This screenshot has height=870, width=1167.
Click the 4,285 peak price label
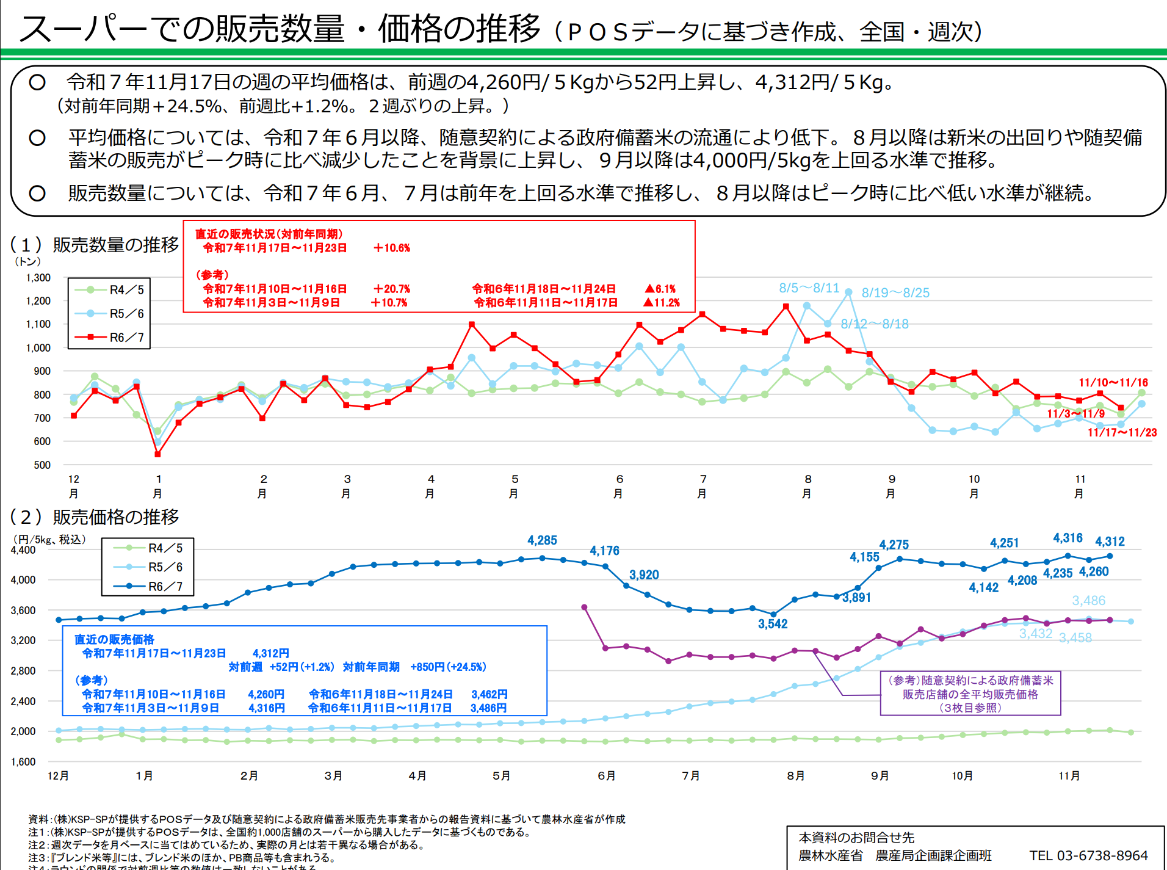[x=542, y=540]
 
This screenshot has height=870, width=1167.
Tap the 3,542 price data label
[x=773, y=624]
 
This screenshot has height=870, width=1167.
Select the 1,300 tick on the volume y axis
[x=38, y=278]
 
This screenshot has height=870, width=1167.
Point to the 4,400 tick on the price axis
[x=23, y=550]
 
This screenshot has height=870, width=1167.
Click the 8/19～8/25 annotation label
[x=895, y=293]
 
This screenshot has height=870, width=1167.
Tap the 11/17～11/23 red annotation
[x=1122, y=433]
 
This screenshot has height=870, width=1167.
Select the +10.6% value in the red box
[x=392, y=248]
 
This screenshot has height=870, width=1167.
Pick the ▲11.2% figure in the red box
[x=661, y=303]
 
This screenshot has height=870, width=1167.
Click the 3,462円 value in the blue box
[x=489, y=695]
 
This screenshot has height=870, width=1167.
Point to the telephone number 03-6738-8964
[x=1088, y=856]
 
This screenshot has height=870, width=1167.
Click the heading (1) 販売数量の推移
[x=95, y=245]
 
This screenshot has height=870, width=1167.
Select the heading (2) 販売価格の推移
[x=95, y=517]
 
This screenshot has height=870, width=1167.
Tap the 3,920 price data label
[x=644, y=575]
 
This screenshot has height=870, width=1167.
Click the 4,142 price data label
[x=983, y=588]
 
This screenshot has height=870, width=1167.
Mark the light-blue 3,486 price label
[x=1088, y=601]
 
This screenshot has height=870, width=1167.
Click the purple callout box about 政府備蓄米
[x=970, y=694]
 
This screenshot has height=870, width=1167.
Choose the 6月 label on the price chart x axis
[x=606, y=776]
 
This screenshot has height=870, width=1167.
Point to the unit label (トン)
[x=27, y=262]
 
